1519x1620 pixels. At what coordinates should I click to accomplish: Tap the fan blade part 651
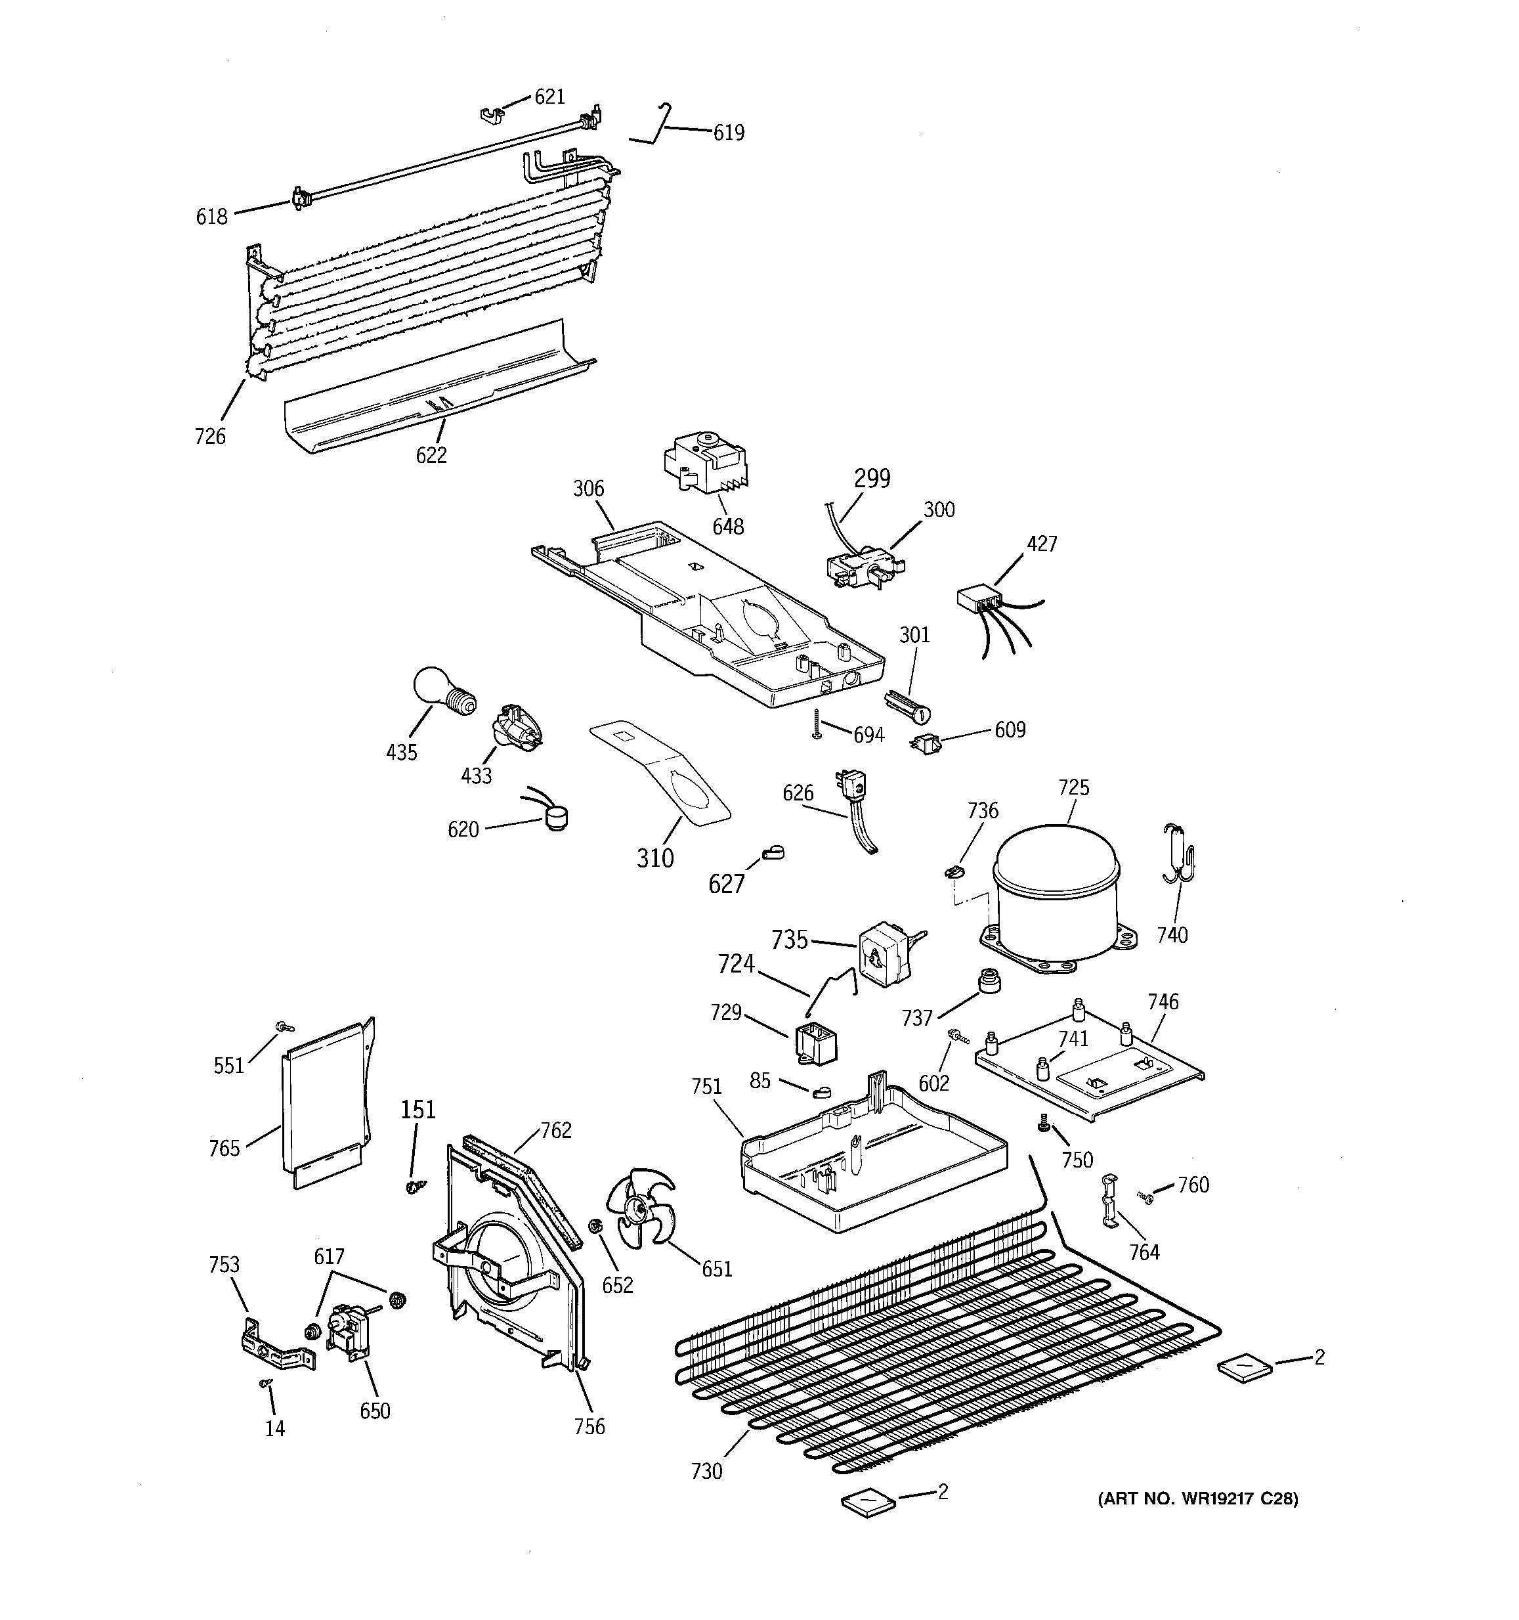640,1217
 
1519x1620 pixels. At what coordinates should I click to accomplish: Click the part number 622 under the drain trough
431,454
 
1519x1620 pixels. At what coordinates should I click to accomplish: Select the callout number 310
655,857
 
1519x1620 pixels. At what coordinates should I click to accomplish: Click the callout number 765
224,1148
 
